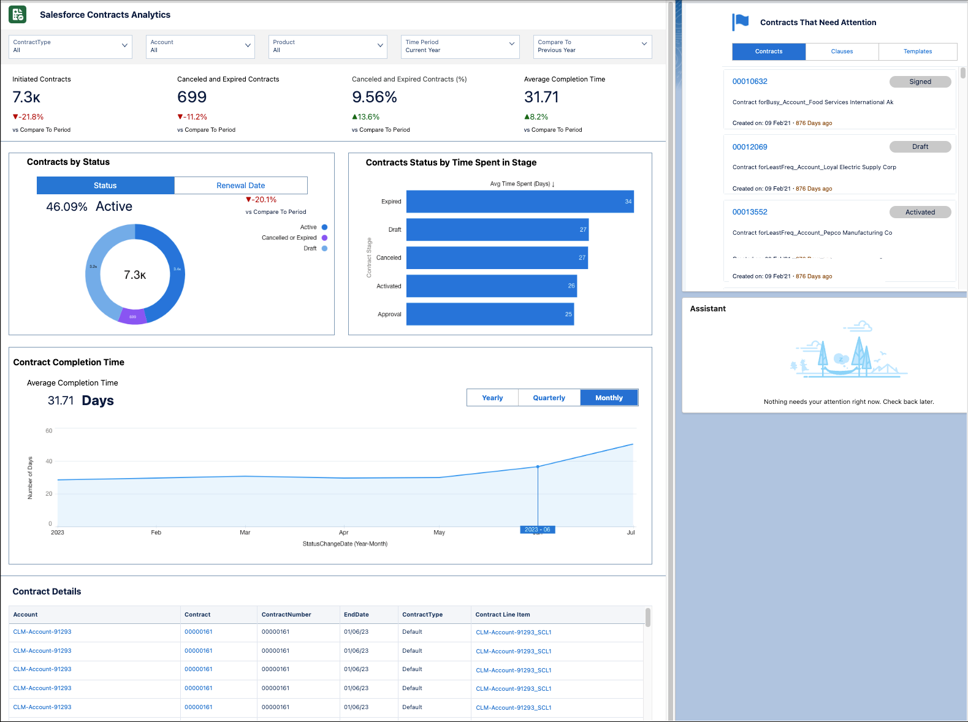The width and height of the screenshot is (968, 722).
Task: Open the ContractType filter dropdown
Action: tap(71, 47)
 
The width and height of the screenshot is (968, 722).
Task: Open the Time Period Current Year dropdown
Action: tap(460, 47)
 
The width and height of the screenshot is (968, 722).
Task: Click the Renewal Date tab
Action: tap(240, 186)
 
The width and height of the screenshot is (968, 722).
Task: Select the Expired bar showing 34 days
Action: tap(520, 202)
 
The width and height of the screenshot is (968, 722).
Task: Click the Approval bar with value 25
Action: tap(490, 314)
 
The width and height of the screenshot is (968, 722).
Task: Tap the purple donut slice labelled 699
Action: tap(133, 316)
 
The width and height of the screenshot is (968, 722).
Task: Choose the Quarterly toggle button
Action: tap(549, 398)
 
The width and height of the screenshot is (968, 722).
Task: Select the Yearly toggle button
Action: tap(492, 398)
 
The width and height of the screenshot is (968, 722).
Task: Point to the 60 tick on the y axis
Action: tap(49, 431)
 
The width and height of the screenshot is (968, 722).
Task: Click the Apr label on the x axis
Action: tap(343, 533)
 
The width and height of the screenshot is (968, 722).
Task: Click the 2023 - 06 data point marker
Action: tap(538, 467)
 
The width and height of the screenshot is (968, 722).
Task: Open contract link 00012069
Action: tap(750, 147)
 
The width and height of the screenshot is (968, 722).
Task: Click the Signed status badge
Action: tap(920, 82)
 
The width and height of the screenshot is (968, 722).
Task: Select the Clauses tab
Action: tap(842, 51)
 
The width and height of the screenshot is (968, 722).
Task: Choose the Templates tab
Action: tap(917, 51)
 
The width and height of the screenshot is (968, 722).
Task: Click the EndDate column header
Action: tap(356, 615)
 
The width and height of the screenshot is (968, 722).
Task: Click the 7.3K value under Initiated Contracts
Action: tap(26, 97)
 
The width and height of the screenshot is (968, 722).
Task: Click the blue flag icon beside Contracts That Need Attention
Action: tap(741, 22)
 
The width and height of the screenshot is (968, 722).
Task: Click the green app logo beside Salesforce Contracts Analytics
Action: tap(18, 15)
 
